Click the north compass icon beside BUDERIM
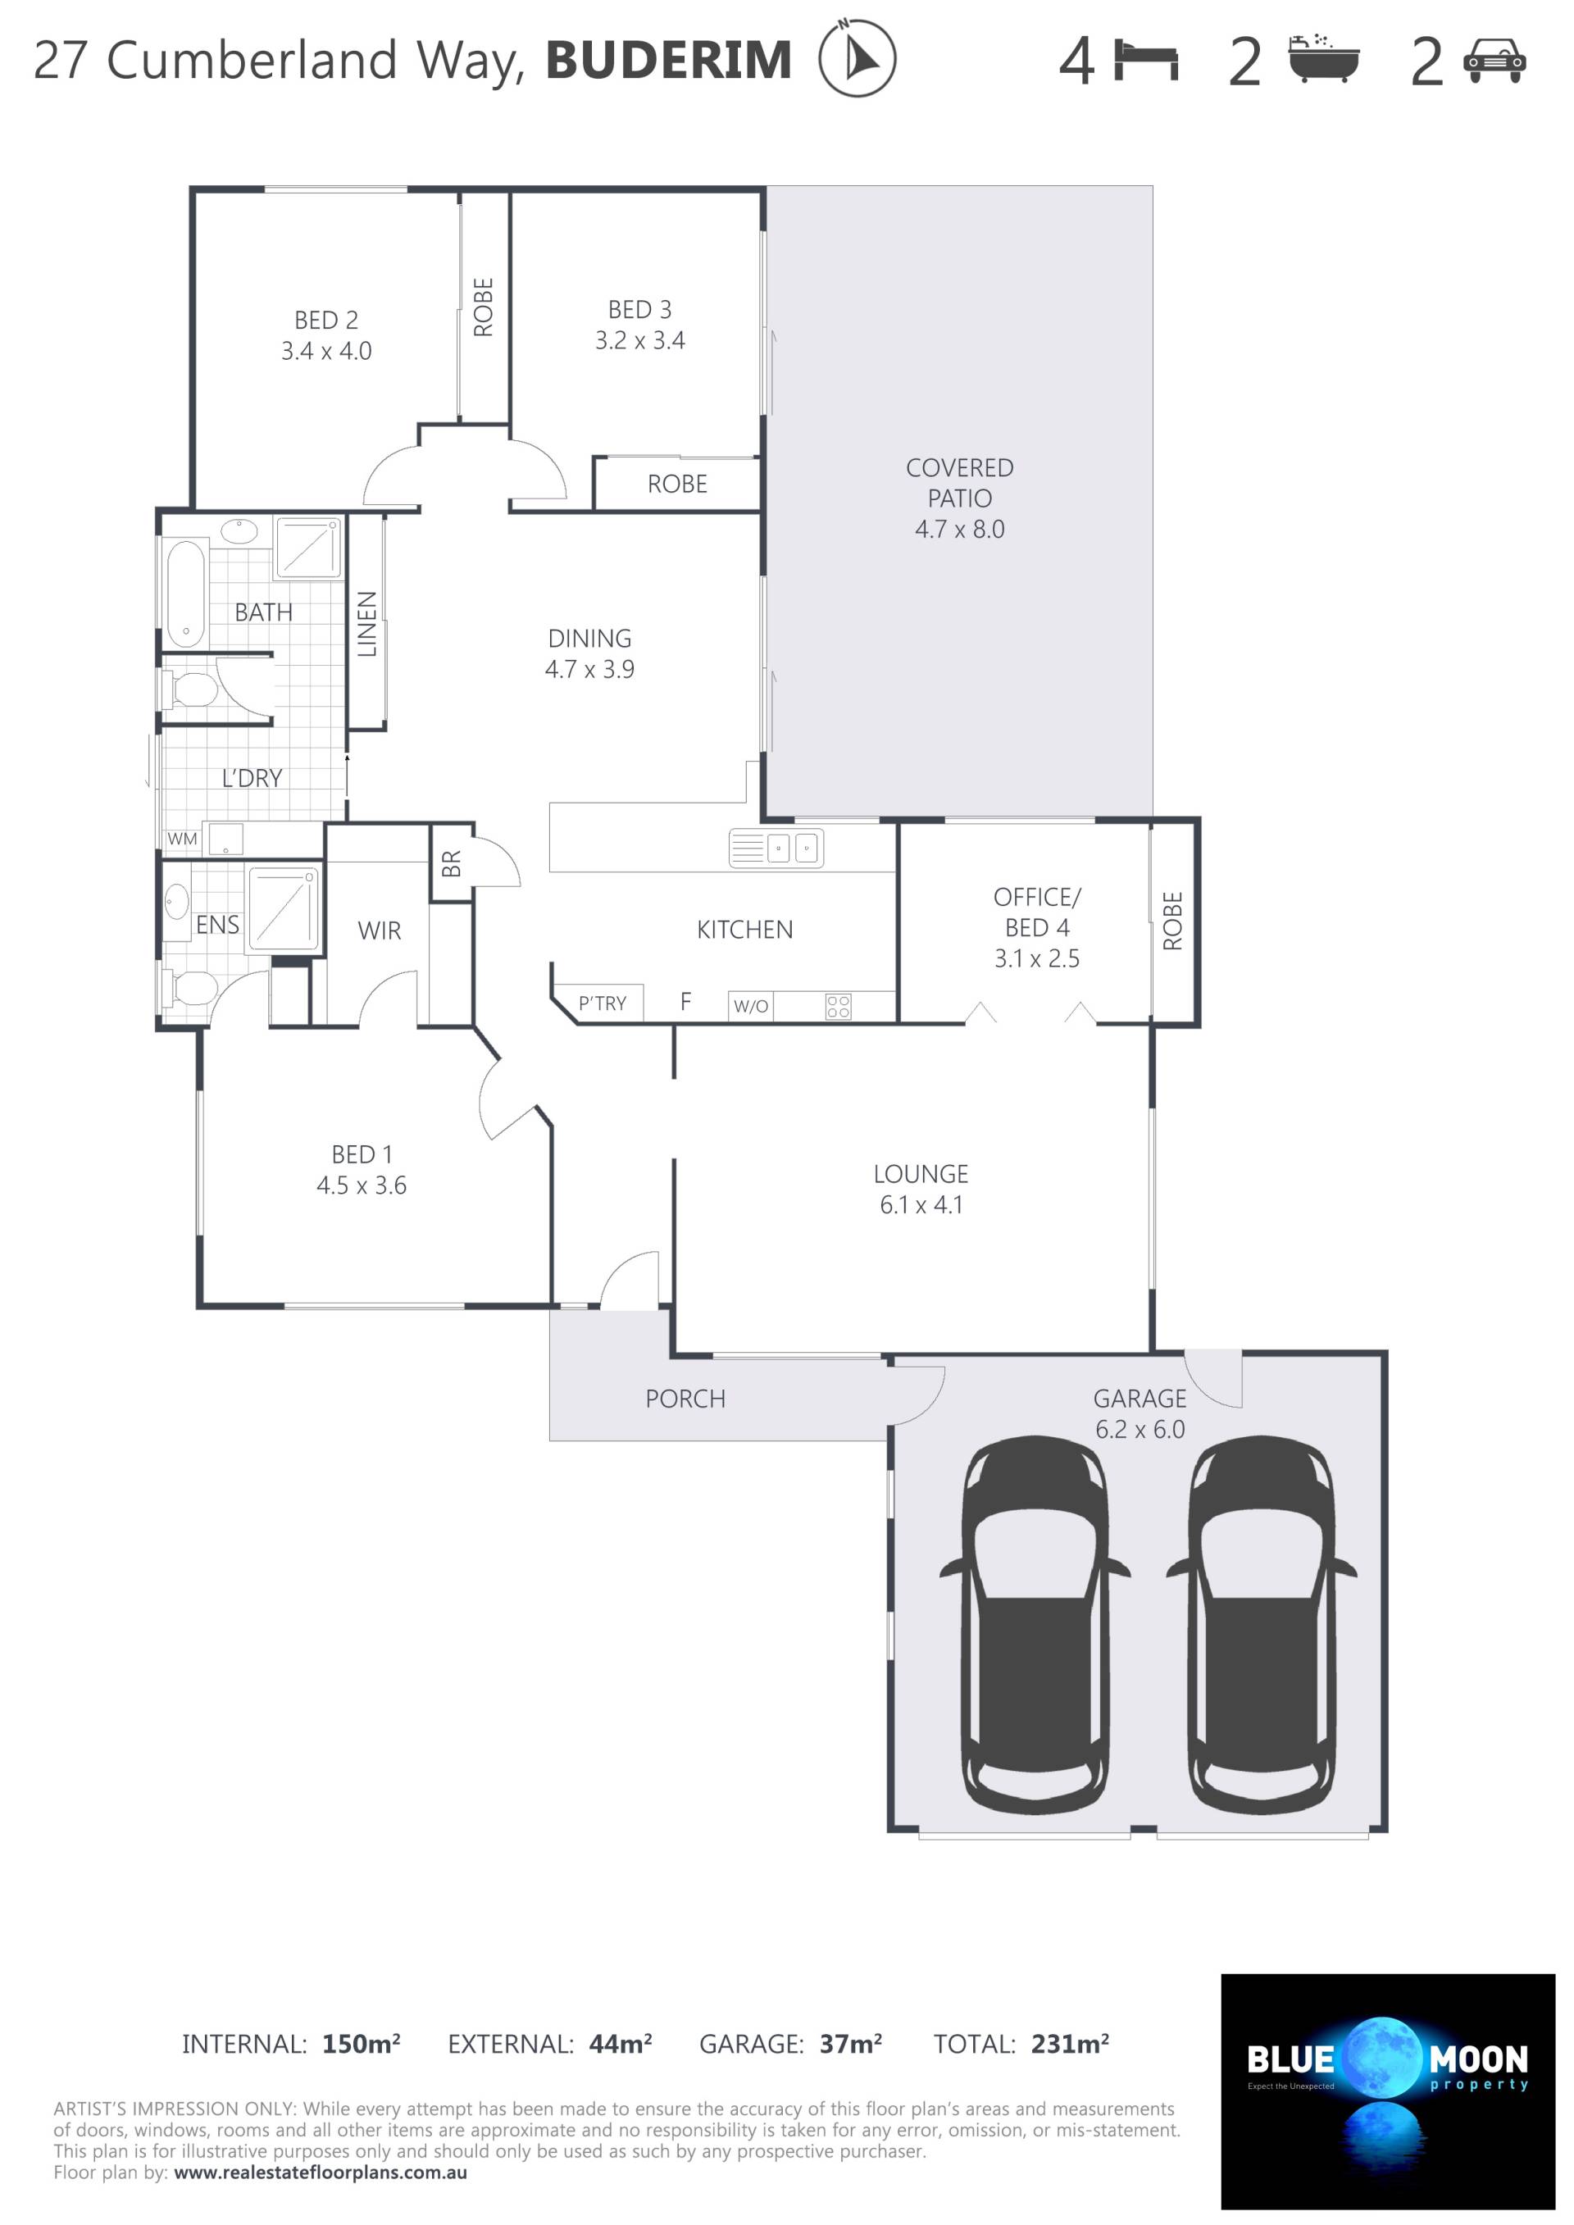tap(857, 58)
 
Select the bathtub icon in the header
tap(1324, 58)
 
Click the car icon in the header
tap(1495, 60)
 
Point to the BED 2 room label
tap(326, 320)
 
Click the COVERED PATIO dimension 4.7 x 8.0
tap(959, 529)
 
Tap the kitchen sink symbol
tap(776, 848)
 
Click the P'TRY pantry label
tap(602, 1003)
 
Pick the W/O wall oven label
tap(750, 1006)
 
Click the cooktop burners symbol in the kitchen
tap(839, 1006)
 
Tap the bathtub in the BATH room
tap(186, 593)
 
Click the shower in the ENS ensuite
tap(283, 907)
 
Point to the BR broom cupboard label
tap(452, 862)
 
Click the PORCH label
tap(685, 1399)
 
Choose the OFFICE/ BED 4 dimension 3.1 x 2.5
tap(1036, 958)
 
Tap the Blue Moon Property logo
tap(1387, 2091)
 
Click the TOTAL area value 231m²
tap(1070, 2044)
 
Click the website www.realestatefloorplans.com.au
tap(320, 2172)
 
